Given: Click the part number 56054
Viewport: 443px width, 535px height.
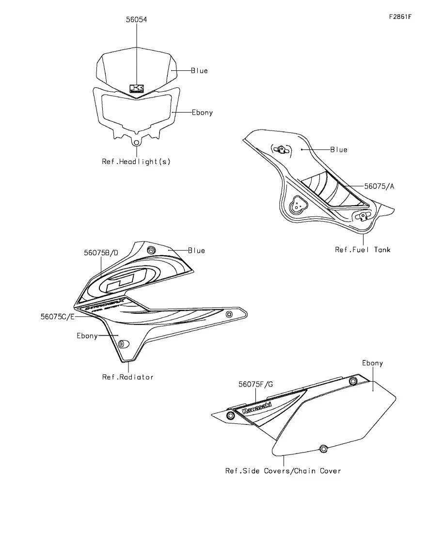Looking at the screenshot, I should (136, 20).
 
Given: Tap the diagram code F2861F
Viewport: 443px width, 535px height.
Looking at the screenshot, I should (400, 16).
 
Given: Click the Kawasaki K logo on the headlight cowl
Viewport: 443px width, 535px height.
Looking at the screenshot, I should (137, 89).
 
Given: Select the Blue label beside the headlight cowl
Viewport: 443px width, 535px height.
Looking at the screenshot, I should (199, 71).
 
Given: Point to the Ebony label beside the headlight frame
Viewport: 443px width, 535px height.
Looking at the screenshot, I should (202, 113).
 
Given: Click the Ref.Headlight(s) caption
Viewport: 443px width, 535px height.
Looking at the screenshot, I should (136, 162).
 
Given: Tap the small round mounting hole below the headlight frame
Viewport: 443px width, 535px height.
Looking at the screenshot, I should (137, 143).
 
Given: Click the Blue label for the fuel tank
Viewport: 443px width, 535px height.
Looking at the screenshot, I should (339, 150).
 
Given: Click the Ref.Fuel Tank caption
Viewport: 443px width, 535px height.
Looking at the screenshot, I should (363, 250).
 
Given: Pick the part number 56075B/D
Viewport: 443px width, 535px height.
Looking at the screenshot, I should (101, 253).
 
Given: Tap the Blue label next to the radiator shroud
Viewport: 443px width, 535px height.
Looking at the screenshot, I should (196, 251).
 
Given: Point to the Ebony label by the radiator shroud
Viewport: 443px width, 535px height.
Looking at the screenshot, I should (87, 336).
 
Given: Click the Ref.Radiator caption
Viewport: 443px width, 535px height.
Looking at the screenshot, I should (127, 377).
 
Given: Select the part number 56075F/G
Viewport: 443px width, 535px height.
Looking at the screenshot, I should (255, 384).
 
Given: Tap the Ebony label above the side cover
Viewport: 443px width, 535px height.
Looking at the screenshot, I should (372, 363).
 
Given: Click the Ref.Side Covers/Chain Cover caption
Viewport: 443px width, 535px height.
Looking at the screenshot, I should (283, 470).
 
